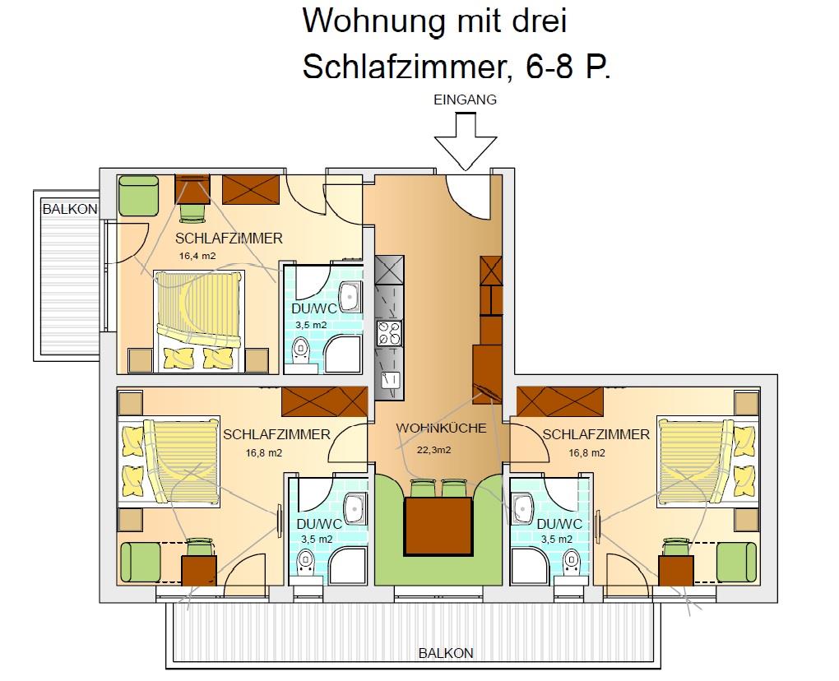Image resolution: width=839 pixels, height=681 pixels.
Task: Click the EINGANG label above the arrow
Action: pyautogui.click(x=465, y=100)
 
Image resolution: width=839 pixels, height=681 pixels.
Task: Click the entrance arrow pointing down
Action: pyautogui.click(x=465, y=141)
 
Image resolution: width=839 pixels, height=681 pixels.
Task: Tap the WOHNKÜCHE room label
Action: pyautogui.click(x=441, y=428)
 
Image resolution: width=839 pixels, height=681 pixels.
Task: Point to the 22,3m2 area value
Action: pyautogui.click(x=434, y=450)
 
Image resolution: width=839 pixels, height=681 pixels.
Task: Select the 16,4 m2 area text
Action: pyautogui.click(x=197, y=256)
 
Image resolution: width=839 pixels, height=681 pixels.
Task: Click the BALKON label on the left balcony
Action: pyautogui.click(x=70, y=209)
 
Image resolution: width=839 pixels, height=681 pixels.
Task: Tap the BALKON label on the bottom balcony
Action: pyautogui.click(x=446, y=653)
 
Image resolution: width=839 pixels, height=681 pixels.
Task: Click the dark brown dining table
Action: pyautogui.click(x=438, y=526)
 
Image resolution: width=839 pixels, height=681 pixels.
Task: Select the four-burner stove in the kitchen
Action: pyautogui.click(x=389, y=333)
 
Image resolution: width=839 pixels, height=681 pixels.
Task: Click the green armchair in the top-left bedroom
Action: pyautogui.click(x=138, y=197)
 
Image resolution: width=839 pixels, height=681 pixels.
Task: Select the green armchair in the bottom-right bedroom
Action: pyautogui.click(x=737, y=563)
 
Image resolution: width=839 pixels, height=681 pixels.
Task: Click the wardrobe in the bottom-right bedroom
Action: pyautogui.click(x=559, y=401)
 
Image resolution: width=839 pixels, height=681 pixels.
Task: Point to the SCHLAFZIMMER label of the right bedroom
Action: pyautogui.click(x=596, y=434)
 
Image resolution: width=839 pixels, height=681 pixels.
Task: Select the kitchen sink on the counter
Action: pyautogui.click(x=389, y=381)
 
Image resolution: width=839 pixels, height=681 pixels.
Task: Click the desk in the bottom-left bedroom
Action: pyautogui.click(x=199, y=571)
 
